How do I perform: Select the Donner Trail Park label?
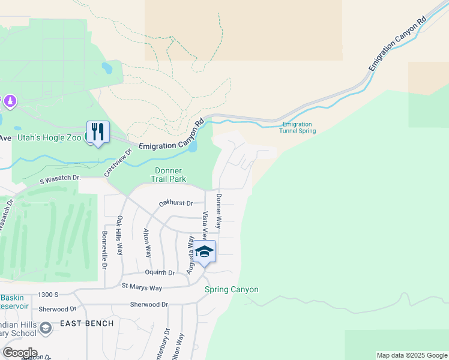tap(170, 175)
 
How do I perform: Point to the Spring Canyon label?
tap(232, 290)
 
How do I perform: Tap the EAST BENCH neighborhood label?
tap(87, 323)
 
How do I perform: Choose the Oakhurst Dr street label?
tap(176, 203)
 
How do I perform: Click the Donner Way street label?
tap(219, 211)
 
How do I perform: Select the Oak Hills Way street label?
tap(120, 236)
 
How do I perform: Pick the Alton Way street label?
tap(147, 243)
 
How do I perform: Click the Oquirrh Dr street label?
tap(160, 272)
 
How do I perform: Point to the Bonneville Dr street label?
tap(104, 250)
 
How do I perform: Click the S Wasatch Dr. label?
tap(61, 178)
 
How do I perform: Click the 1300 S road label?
tap(47, 295)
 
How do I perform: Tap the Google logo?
tap(19, 352)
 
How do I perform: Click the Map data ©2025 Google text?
tap(411, 355)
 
